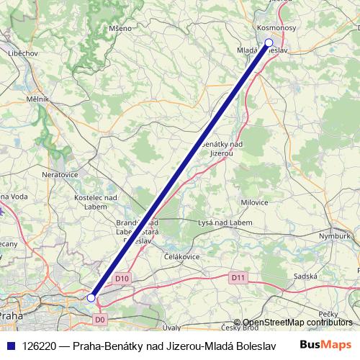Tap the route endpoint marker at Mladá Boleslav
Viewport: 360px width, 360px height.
coord(269,42)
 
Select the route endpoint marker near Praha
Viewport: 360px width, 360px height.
coord(91,297)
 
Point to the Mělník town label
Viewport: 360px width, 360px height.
coord(37,99)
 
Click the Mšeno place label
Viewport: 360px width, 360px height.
coord(120,28)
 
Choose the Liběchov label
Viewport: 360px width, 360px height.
coord(23,54)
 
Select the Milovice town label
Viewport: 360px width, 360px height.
coord(255,202)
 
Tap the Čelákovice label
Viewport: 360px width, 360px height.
coord(181,257)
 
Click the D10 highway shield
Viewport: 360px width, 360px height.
coord(122,278)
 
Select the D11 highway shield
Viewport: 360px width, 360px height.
coord(239,276)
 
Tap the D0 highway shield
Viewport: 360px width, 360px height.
coord(100,318)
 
